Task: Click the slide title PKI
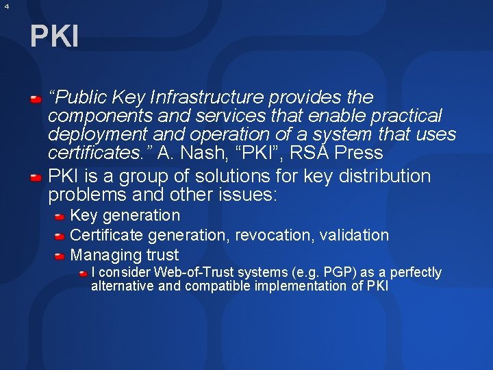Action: [54, 36]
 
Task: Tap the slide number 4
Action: [6, 6]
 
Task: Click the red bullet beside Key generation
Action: [61, 217]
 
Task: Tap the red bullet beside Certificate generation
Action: [61, 237]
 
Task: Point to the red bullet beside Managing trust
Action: [61, 257]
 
